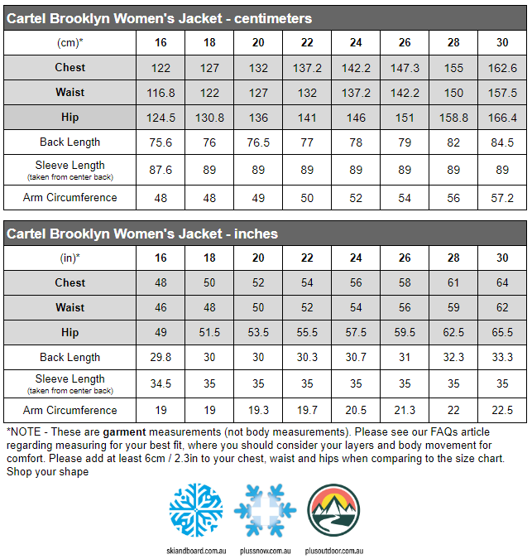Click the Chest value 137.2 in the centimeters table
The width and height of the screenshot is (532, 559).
click(x=308, y=68)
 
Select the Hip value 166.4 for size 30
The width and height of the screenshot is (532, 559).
click(x=502, y=118)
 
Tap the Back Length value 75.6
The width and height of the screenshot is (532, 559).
click(x=161, y=142)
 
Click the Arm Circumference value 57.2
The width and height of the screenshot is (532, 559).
click(x=502, y=198)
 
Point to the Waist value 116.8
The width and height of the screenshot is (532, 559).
click(x=161, y=93)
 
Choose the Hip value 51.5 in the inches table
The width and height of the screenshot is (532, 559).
click(x=209, y=332)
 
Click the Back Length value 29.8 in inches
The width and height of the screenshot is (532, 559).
click(x=161, y=358)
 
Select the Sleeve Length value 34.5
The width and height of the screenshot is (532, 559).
click(x=161, y=384)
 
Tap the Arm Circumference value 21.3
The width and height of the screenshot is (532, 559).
click(x=405, y=411)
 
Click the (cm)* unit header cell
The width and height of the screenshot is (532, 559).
click(x=69, y=42)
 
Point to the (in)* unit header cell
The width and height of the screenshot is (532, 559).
click(x=69, y=258)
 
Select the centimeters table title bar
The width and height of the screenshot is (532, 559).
click(x=266, y=18)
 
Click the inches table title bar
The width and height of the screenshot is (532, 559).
click(x=266, y=234)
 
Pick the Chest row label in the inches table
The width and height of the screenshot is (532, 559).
click(x=69, y=283)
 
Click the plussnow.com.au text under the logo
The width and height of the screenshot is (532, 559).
click(x=265, y=550)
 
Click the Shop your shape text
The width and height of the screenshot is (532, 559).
click(x=47, y=472)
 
